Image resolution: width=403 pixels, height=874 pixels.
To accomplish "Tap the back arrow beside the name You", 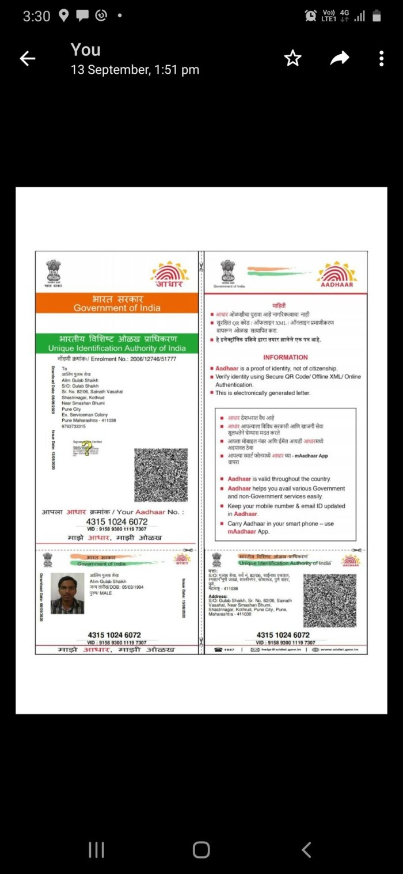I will [28, 58].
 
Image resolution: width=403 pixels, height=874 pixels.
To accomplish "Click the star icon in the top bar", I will [293, 58].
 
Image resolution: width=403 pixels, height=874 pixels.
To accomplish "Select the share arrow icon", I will [340, 58].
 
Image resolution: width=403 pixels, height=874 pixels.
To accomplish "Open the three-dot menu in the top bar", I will [381, 58].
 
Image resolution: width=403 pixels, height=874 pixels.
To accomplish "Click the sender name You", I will [86, 50].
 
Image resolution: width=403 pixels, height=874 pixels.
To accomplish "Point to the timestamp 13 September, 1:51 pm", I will [135, 70].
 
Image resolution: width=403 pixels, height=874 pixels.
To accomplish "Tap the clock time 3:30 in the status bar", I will [37, 16].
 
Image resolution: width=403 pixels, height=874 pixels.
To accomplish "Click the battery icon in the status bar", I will [377, 16].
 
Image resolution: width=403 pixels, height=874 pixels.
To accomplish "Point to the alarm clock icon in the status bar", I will [311, 16].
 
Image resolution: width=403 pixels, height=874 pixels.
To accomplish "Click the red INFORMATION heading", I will [286, 357].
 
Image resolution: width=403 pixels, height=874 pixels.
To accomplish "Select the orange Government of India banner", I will [117, 303].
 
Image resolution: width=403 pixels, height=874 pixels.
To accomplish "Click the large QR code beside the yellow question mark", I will [161, 475].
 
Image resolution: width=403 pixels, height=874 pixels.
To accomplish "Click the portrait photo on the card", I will [67, 593].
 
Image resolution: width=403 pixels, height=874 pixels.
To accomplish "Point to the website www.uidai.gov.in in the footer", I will [340, 649].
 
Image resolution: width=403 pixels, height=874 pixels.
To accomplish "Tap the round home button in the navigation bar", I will [201, 850].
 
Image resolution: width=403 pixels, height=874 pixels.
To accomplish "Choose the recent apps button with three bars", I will [96, 850].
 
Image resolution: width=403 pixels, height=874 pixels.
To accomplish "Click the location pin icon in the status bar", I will [63, 16].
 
